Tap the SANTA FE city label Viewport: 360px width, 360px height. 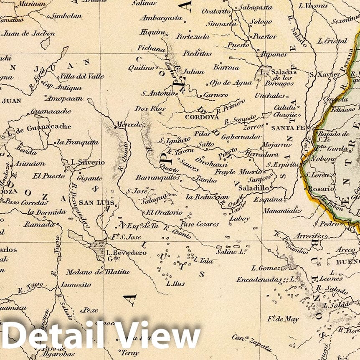point(288,128)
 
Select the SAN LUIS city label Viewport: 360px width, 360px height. point(94,203)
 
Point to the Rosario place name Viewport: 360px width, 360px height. point(322,188)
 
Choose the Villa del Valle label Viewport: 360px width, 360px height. point(82,76)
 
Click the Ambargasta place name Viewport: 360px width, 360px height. point(161,18)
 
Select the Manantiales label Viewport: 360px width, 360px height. point(283,210)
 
